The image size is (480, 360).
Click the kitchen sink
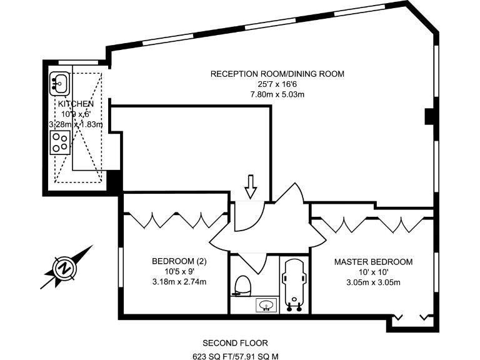(x=61, y=82)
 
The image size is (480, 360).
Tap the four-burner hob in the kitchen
(x=60, y=142)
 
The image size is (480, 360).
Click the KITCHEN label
(x=76, y=104)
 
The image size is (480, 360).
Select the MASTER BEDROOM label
(x=373, y=262)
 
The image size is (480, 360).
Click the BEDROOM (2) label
(x=179, y=261)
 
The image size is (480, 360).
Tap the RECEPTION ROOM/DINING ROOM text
(x=277, y=74)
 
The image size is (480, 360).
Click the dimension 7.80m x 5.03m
(x=277, y=95)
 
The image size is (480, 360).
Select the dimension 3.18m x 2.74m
(x=179, y=282)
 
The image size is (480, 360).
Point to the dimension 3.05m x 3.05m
(x=373, y=282)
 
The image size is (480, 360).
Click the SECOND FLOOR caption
(x=235, y=342)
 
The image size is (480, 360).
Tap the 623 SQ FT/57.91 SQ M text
(x=235, y=356)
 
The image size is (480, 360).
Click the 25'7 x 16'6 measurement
(x=277, y=84)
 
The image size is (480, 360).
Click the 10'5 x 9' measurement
(x=179, y=272)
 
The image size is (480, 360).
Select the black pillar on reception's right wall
(x=429, y=117)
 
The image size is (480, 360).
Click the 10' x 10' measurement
(x=373, y=272)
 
